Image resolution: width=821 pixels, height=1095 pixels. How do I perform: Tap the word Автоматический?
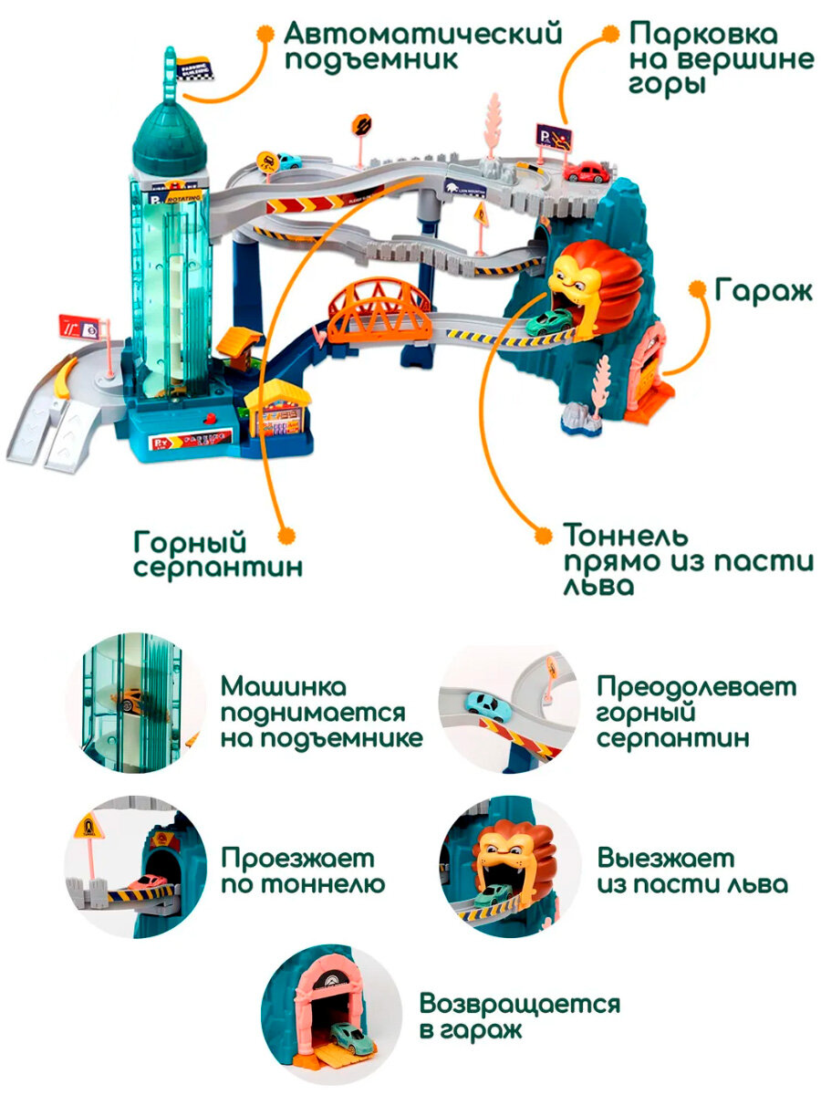pos(422,35)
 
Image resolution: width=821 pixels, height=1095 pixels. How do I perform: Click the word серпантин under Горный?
pos(218,567)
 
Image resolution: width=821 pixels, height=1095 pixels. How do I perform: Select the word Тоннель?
pos(626,535)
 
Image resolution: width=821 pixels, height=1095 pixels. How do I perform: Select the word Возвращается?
pos(519,1006)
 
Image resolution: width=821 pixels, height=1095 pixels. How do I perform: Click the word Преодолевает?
pos(696,685)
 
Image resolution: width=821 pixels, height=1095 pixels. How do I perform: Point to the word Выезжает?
pos(665,859)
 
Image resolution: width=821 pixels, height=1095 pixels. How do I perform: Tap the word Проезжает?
pos(297,859)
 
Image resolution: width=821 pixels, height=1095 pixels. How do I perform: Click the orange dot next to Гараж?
pos(697,289)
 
